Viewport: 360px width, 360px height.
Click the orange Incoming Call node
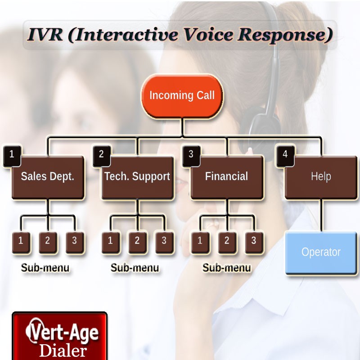pos(182,96)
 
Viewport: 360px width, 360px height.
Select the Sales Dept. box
pos(48,177)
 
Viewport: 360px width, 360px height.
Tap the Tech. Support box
pos(137,177)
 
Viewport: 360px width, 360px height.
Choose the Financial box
pos(227,177)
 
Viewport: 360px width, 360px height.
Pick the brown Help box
pos(321,177)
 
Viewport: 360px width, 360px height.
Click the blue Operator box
pos(321,252)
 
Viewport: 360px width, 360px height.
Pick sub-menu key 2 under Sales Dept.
pos(48,243)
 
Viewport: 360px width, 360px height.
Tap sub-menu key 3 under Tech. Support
pos(164,243)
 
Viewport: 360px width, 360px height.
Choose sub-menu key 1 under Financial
pos(200,243)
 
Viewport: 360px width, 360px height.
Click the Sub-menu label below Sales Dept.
pos(45,268)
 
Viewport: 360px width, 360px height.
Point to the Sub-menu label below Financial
pos(227,268)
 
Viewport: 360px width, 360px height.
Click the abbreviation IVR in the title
pos(45,35)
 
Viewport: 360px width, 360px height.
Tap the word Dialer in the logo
pos(63,351)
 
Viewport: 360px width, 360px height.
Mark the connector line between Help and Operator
pos(321,215)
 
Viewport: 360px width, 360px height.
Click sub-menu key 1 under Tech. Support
pos(110,243)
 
